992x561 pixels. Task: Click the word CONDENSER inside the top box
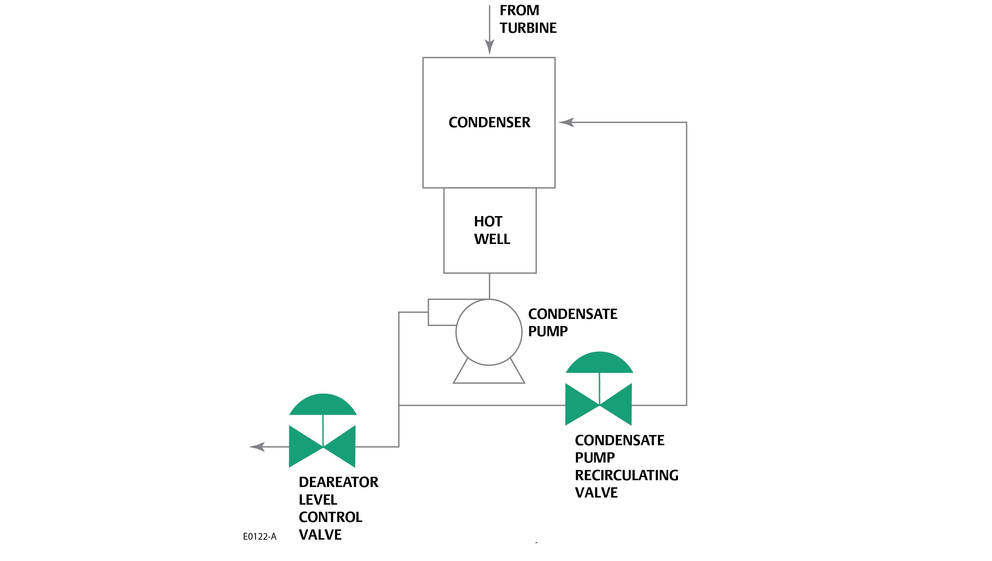point(489,123)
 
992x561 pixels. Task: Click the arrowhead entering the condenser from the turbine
point(489,47)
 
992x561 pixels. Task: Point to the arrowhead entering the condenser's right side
point(566,123)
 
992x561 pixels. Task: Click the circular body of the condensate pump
point(489,332)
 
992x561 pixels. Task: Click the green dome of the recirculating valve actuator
point(599,363)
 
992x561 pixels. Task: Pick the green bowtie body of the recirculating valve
point(598,405)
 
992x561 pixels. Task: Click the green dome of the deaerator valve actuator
point(323,405)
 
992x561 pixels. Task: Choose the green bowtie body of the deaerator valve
point(322,446)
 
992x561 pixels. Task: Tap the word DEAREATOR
point(338,482)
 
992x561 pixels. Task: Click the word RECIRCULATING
point(626,475)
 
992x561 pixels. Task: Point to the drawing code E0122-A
point(259,536)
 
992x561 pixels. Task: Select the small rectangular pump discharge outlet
point(441,312)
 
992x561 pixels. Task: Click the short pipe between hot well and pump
point(489,286)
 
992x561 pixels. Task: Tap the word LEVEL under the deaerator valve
point(318,500)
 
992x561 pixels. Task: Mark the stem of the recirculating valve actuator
point(599,388)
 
